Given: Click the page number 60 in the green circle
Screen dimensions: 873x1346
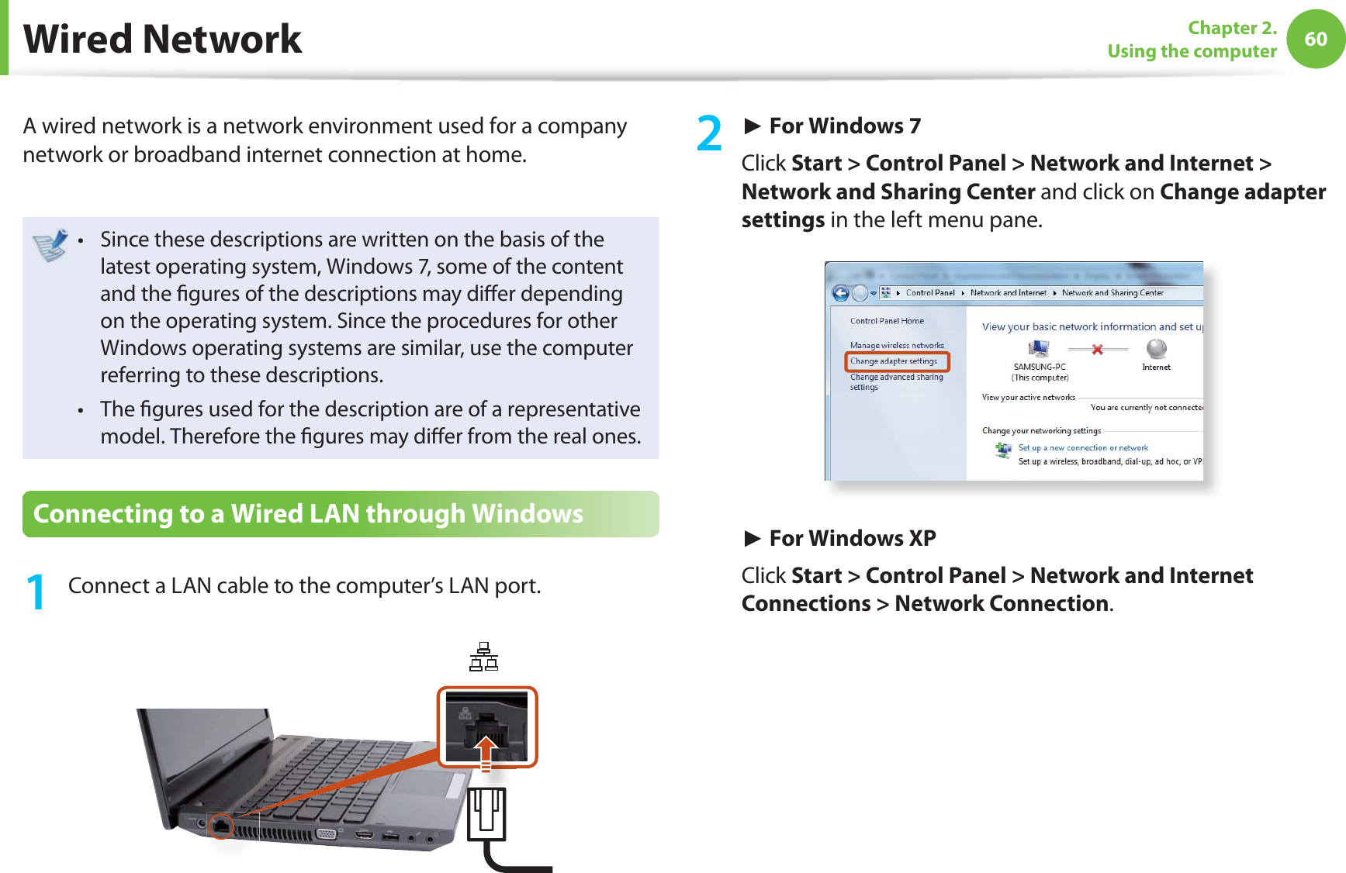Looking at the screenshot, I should [1316, 39].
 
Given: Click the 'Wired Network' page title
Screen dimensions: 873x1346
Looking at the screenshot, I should [163, 39].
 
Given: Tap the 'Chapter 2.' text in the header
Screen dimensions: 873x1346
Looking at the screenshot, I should [1232, 28].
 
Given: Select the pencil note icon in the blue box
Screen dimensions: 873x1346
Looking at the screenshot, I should [51, 245].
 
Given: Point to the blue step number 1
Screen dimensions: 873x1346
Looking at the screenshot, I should [35, 592].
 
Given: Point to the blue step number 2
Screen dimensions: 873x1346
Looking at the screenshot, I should [709, 133].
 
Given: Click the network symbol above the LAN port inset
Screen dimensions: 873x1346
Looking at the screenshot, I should [483, 657].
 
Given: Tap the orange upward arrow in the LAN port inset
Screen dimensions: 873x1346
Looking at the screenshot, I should [486, 751].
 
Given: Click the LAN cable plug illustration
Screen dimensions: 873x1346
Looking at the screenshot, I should [487, 814].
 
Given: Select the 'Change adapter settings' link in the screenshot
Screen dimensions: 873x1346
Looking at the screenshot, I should [894, 361].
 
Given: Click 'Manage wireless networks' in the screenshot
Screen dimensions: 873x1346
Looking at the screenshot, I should [897, 346].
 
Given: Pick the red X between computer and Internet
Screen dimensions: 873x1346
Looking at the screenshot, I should [1097, 350].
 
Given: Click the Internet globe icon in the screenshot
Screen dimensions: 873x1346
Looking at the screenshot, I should [1156, 349].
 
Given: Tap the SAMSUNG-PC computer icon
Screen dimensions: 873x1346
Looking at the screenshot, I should [1039, 350].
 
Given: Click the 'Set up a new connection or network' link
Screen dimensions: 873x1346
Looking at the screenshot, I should [1083, 448].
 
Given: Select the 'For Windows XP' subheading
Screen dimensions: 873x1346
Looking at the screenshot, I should [852, 538].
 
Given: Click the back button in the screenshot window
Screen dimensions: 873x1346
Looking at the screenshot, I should [840, 293].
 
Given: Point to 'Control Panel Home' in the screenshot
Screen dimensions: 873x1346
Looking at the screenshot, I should [887, 321].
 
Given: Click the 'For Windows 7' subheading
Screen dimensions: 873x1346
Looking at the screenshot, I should [844, 126].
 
